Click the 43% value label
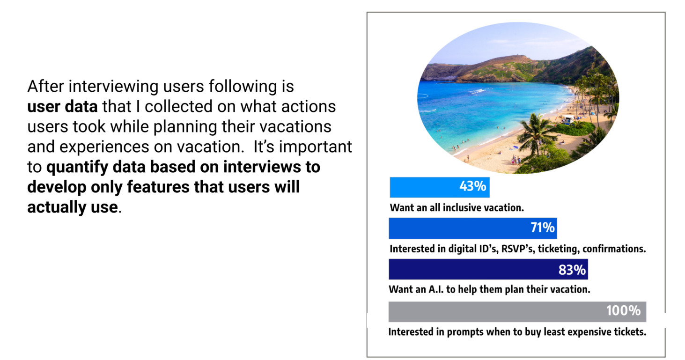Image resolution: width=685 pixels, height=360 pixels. (472, 186)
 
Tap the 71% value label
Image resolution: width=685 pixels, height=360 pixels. (543, 228)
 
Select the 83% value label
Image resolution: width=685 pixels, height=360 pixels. (572, 270)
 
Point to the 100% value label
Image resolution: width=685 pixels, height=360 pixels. (623, 311)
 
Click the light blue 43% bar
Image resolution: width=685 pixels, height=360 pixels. (440, 187)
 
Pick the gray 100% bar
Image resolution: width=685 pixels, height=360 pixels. (517, 312)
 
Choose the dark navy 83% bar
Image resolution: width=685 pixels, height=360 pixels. (488, 269)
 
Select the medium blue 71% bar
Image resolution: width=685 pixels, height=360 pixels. (473, 228)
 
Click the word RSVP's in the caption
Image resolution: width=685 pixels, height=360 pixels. (518, 249)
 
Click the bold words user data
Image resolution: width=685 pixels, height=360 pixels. (62, 106)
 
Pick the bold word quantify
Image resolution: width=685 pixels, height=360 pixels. (77, 168)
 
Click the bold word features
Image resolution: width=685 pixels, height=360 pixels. (158, 187)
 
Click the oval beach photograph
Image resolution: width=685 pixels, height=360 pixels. (518, 98)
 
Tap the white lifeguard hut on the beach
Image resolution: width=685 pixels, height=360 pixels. (568, 119)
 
